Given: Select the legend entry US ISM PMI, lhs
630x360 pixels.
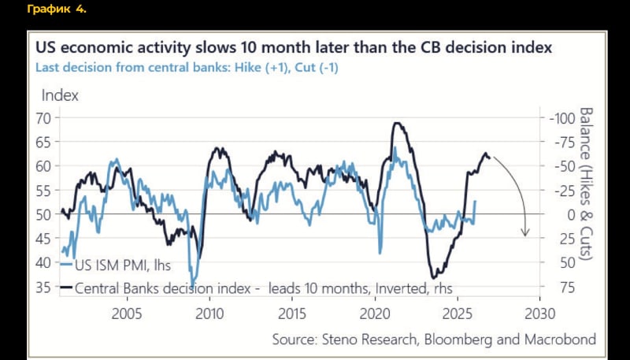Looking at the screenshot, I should click(x=122, y=263).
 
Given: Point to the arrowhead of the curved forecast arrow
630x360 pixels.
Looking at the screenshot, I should click(x=524, y=233).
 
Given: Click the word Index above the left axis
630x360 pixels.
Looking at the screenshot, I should click(x=60, y=95).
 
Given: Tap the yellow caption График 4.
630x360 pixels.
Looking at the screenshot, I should click(x=56, y=10).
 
